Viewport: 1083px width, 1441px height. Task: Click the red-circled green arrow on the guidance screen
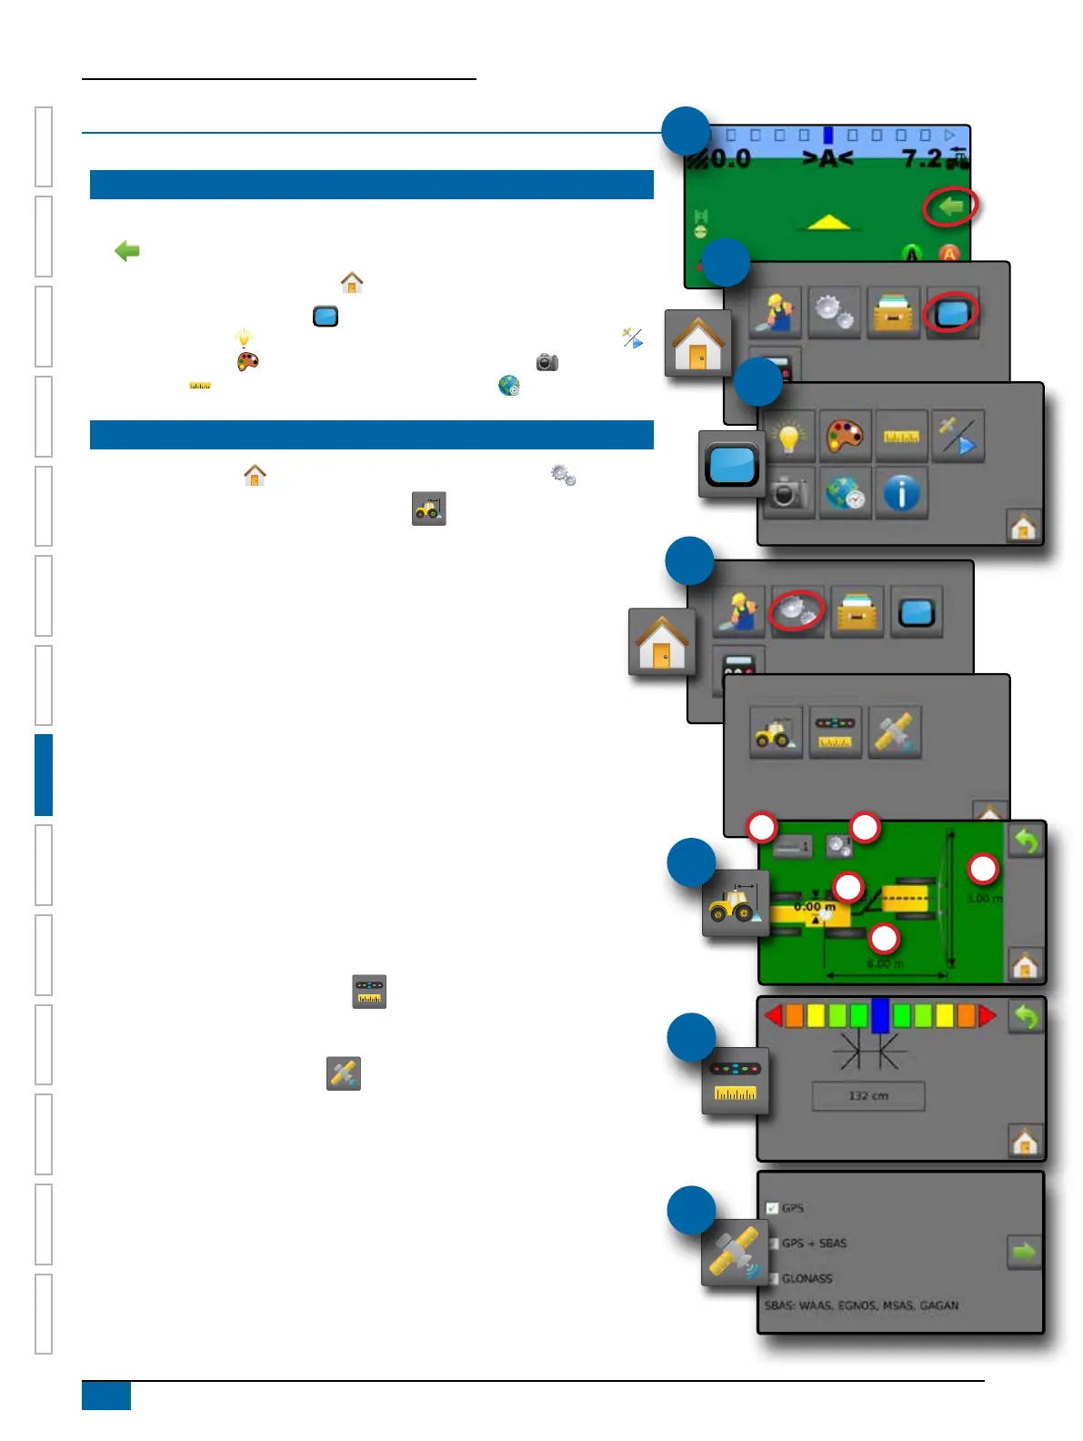pos(950,207)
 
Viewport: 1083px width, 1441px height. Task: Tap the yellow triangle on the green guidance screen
pos(828,222)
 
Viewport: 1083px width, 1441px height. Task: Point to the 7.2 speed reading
pos(922,159)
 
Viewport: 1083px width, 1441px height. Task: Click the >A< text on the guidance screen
pos(827,159)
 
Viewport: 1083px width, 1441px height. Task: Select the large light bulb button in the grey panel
pos(788,437)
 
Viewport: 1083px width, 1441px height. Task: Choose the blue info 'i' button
pos(901,494)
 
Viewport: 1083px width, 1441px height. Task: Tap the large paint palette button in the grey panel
pos(845,437)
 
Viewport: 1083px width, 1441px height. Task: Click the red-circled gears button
pos(797,610)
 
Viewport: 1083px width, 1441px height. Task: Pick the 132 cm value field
pos(868,1096)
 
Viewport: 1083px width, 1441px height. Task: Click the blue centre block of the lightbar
pos(880,1015)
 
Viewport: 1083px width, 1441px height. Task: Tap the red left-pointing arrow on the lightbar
pos(774,1015)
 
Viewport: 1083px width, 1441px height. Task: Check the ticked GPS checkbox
pos(772,1208)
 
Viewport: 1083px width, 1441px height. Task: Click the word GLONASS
pos(807,1278)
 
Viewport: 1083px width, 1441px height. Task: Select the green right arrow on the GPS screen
pos(1024,1253)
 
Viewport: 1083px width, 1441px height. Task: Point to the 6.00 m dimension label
pos(885,963)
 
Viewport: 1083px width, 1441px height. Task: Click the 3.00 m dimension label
pos(984,899)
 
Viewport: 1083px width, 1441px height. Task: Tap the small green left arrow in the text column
pos(127,251)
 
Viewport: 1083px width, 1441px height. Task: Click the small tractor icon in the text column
pos(428,509)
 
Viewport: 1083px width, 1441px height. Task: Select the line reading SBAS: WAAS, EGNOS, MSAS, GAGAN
pos(861,1305)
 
